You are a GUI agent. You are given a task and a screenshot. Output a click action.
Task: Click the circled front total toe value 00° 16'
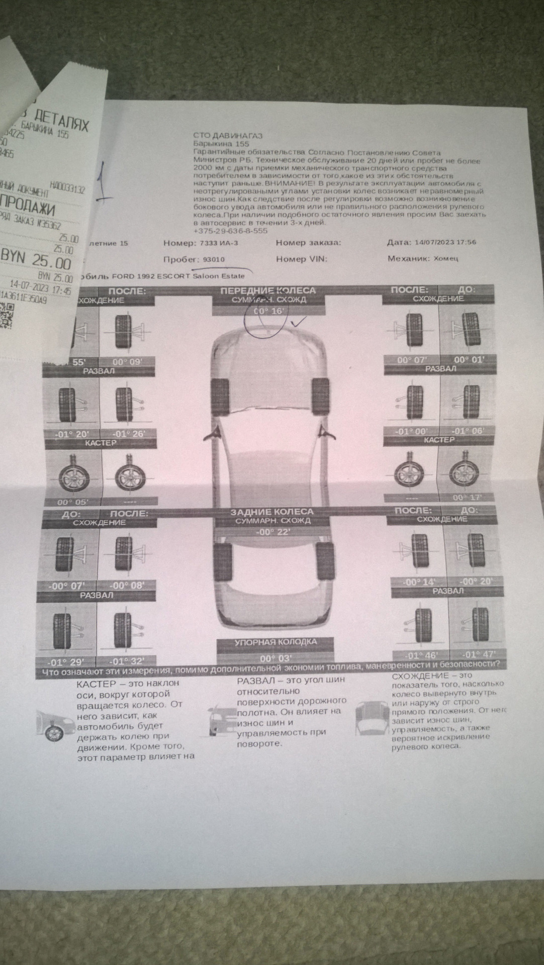269,312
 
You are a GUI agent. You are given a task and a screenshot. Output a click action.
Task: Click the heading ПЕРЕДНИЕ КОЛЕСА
268,291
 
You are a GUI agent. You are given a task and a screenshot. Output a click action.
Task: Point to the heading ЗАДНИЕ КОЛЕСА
271,512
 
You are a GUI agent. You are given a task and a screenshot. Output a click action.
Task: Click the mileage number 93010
214,259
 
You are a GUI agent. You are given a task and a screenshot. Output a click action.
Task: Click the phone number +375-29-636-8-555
230,231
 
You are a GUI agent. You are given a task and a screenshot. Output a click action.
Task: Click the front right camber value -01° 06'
467,432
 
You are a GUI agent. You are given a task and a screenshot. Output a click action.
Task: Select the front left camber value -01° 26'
128,434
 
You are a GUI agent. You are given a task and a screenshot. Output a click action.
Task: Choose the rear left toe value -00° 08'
128,585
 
